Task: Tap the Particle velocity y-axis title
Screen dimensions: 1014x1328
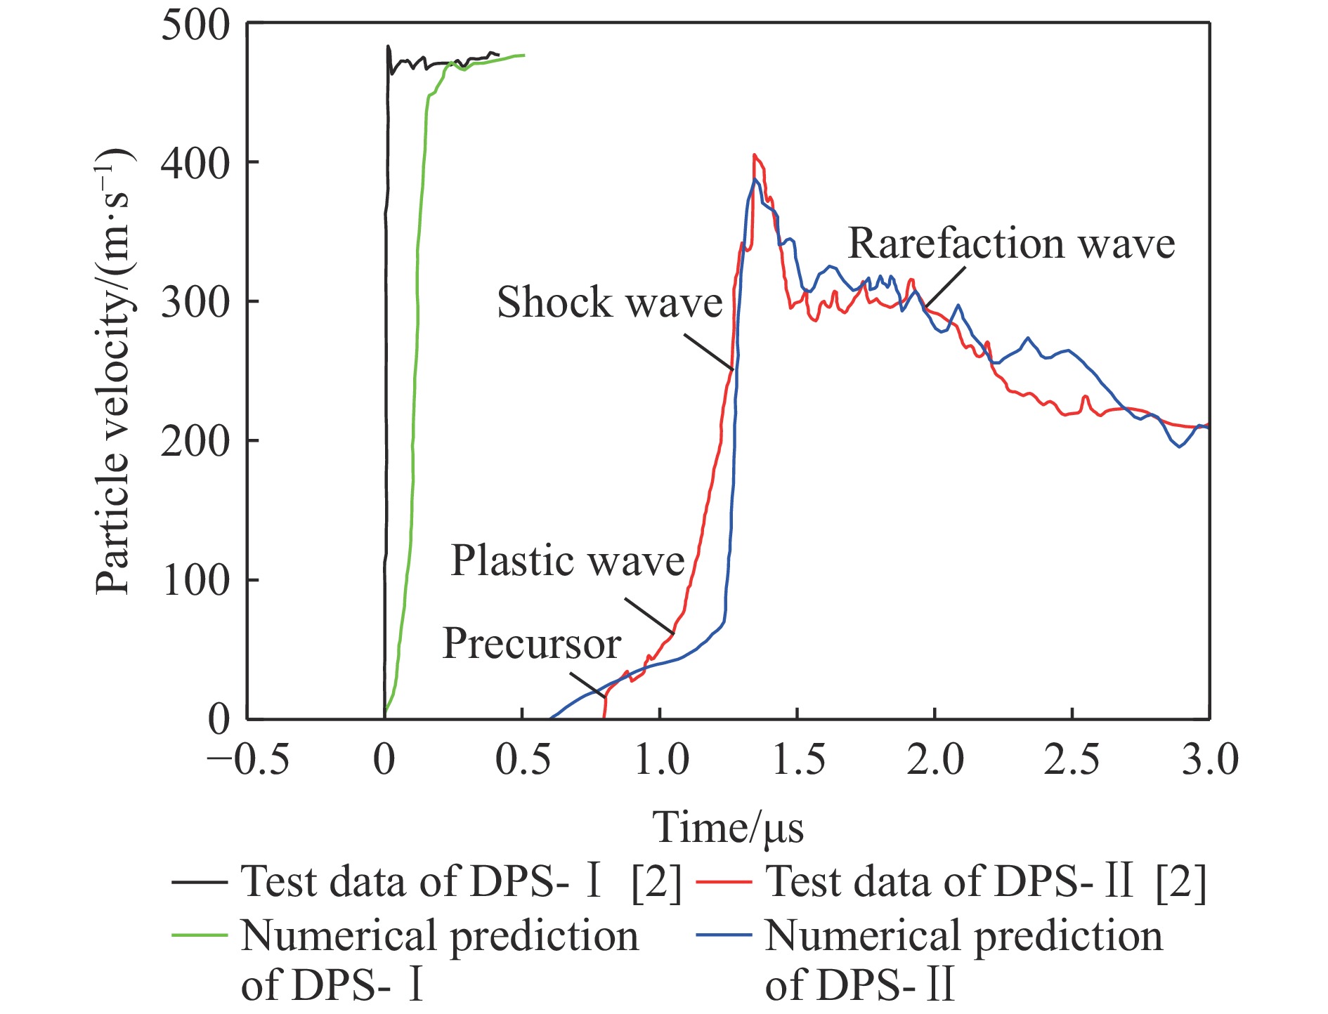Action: (112, 372)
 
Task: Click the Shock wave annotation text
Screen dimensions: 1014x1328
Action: (609, 303)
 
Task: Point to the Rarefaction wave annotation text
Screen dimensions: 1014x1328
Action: (1011, 244)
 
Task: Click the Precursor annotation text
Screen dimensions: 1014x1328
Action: (531, 643)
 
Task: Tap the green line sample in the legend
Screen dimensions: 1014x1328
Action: (200, 936)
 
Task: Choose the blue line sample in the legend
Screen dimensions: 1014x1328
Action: (724, 936)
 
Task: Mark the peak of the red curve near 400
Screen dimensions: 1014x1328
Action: (754, 155)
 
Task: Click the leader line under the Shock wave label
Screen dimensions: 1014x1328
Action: (708, 351)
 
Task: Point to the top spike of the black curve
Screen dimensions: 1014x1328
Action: (388, 47)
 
